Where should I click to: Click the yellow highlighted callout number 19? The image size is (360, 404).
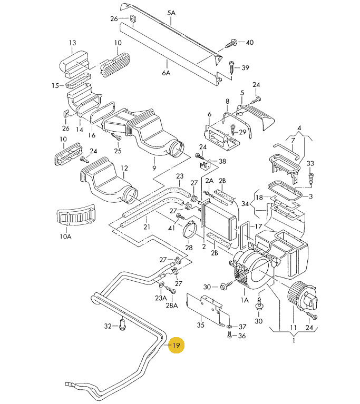pos(176,346)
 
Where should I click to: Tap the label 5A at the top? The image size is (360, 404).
pos(171,12)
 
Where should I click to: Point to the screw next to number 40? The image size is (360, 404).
pos(232,43)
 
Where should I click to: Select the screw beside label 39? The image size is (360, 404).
pos(232,66)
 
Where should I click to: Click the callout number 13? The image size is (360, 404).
pos(72,43)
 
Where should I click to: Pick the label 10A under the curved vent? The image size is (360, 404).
pos(65,237)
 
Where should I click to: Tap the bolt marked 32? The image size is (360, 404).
pos(123,326)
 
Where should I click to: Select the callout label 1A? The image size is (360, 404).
pos(244,300)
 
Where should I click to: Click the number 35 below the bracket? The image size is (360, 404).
pos(200,326)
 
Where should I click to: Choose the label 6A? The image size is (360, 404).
pos(166,73)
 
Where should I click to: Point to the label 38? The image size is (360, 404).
pos(222,161)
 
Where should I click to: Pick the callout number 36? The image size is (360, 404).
pos(242,336)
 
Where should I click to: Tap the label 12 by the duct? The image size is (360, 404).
pos(124,169)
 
